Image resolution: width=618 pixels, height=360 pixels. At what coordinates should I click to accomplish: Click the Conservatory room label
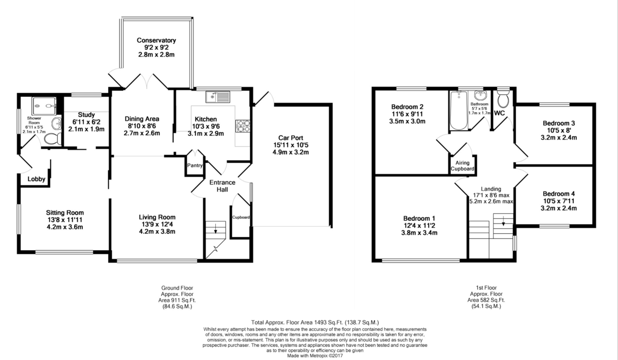point(156,40)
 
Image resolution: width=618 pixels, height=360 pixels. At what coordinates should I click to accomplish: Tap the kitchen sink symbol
point(218,97)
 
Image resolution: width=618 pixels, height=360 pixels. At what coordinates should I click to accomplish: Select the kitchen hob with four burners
point(243,126)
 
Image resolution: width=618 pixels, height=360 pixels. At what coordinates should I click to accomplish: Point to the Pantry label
point(195,165)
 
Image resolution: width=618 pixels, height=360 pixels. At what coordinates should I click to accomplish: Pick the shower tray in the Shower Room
point(44,106)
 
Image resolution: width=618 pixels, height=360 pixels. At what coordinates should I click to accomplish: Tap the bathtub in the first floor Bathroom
point(458,110)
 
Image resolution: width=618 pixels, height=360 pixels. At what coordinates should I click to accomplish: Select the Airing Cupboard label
point(462,165)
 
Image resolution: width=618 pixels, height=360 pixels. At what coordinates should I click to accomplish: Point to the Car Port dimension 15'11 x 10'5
point(290,145)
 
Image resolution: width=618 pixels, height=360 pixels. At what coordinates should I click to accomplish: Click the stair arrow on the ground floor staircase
point(215,229)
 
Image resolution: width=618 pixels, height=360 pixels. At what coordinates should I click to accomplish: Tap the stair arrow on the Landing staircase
point(503,221)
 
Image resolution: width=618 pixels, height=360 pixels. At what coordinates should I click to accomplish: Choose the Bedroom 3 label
point(559,123)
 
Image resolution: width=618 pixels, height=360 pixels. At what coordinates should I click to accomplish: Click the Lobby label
point(36,179)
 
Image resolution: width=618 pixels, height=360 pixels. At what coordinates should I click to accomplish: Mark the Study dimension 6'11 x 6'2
point(86,122)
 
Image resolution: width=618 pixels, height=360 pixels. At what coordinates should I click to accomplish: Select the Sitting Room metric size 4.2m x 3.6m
point(65,227)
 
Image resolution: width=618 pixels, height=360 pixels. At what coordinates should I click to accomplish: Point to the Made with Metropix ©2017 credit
point(315,355)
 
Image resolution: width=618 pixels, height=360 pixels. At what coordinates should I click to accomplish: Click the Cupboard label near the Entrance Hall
point(241,217)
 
